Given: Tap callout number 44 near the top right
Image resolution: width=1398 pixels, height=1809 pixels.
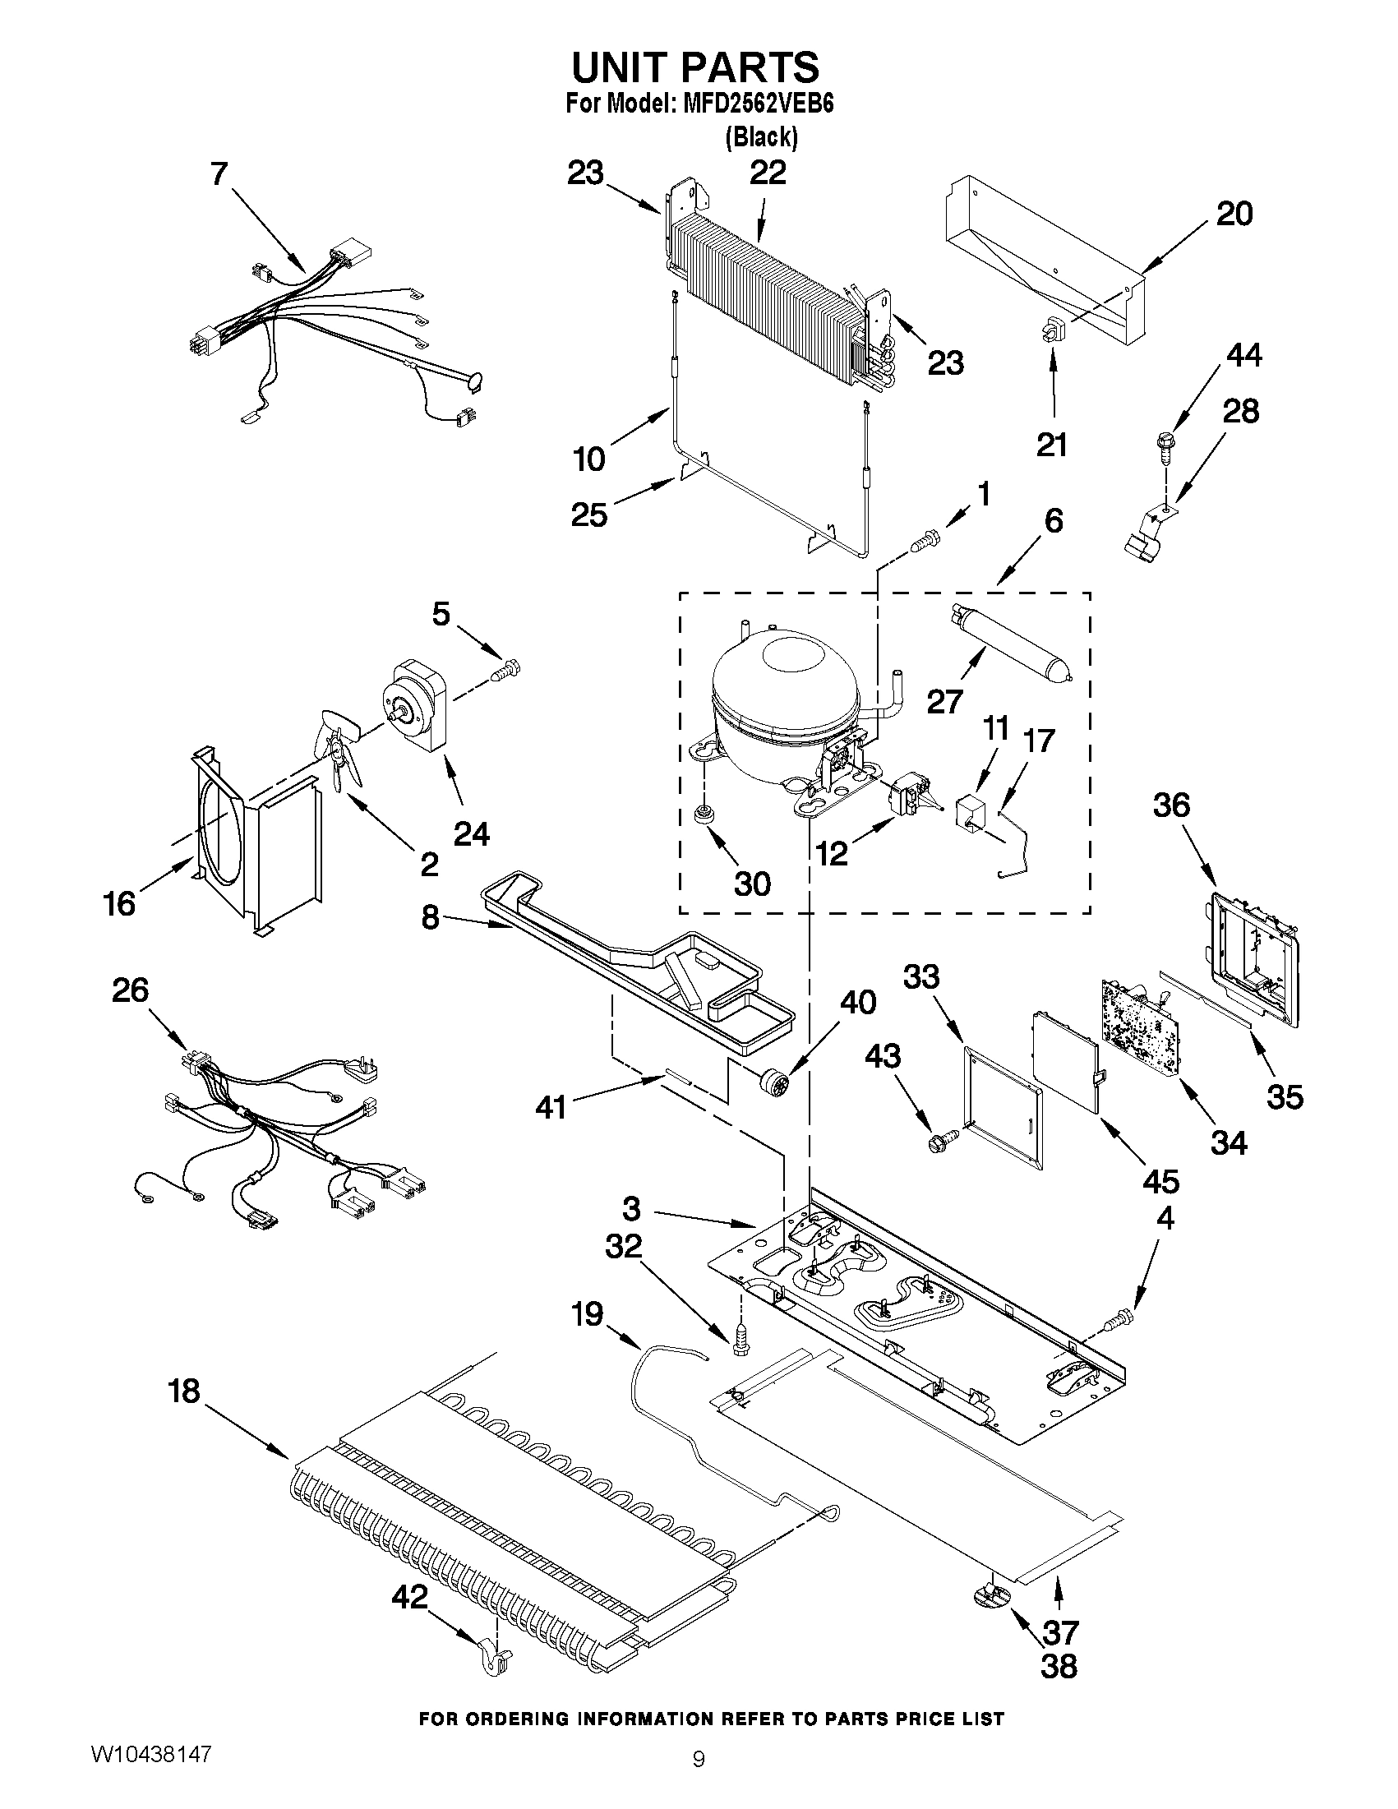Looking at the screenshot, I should point(1243,355).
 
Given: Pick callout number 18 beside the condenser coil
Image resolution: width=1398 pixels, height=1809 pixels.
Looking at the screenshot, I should point(184,1391).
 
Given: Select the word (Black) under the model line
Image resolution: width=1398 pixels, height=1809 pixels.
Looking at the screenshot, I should point(761,137).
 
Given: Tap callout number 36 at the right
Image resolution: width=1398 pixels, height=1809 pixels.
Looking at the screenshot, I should point(1171,805).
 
